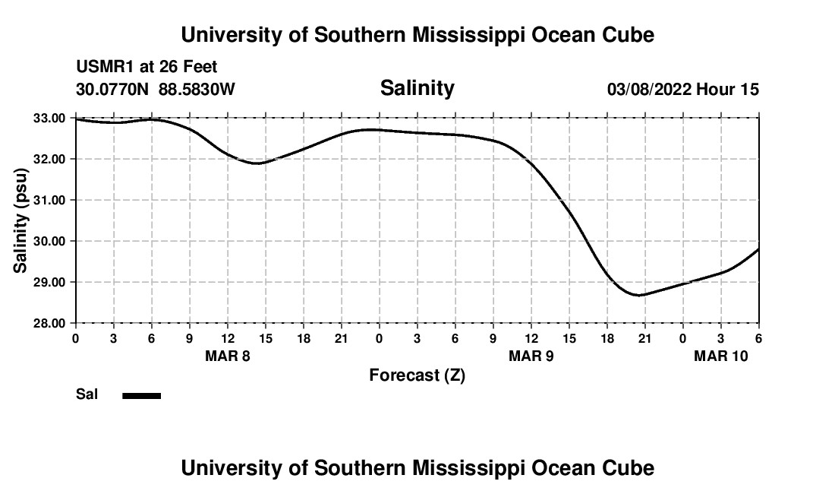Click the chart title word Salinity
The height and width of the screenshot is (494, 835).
tap(417, 88)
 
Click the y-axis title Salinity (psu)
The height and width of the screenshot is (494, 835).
tap(20, 221)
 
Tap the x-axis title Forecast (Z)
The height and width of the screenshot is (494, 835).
tap(417, 375)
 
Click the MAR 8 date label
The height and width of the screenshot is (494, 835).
tap(227, 356)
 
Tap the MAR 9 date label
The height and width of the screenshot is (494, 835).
tap(531, 356)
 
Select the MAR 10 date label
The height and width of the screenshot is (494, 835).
tap(720, 356)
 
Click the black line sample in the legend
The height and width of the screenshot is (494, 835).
tap(141, 395)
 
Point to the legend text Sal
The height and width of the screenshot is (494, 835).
tap(86, 394)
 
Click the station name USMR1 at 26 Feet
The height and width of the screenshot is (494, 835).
tap(147, 68)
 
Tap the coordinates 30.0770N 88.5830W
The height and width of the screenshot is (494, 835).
tap(156, 90)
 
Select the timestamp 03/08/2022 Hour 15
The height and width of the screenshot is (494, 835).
tap(682, 90)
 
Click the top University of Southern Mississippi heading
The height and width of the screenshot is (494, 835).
tap(417, 35)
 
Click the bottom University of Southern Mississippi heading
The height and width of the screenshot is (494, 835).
tap(417, 468)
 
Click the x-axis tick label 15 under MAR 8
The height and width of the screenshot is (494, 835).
tap(265, 337)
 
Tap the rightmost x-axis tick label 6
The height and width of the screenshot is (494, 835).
tap(758, 337)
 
